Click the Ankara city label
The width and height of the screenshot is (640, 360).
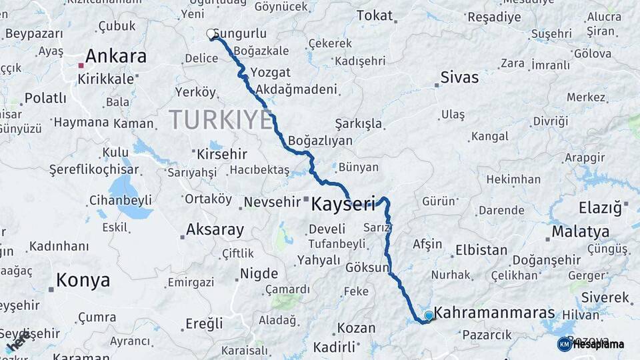pos(116,57)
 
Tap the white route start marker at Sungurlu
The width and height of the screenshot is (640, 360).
pos(211,33)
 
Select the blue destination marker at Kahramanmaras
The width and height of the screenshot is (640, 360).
pos(428,315)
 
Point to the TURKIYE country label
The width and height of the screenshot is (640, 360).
pos(221,120)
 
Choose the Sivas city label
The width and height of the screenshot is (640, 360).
pos(460,77)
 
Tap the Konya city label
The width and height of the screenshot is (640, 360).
pos(83,281)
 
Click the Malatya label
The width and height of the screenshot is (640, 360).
pos(580,232)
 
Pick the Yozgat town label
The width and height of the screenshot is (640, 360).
pos(270,72)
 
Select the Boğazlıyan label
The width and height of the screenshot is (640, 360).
pos(321,141)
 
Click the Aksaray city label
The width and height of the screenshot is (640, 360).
pos(215,230)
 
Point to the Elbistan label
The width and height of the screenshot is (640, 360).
pos(481,251)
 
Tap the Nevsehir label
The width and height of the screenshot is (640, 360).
pos(273,201)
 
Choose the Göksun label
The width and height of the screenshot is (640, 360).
pos(367,267)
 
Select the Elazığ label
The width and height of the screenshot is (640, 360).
pos(599,207)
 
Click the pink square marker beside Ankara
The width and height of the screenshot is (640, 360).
pos(81,65)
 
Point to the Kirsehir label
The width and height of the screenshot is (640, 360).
pos(222,154)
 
